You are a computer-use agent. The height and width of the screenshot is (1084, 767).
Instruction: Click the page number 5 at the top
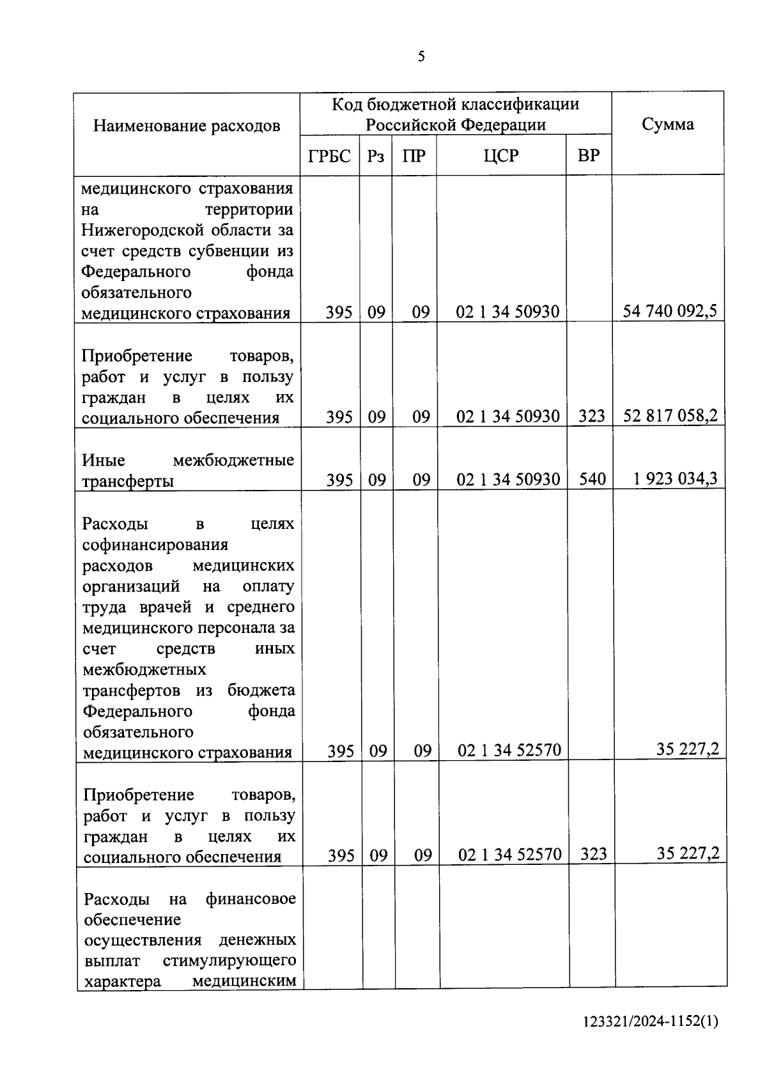pos(421,57)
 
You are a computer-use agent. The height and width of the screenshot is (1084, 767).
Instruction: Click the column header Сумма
pos(667,125)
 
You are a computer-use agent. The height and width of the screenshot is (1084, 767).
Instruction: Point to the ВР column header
pos(588,156)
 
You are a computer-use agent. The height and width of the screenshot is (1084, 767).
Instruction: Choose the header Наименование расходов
pos(187,126)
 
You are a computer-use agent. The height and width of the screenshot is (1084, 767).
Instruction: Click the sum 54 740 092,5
pos(669,311)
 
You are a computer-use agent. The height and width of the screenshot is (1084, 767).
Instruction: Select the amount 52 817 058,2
pos(669,416)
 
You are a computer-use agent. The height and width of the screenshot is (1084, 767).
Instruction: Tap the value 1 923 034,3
pos(675,478)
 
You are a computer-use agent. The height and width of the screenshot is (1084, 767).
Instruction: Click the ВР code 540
pos(592,479)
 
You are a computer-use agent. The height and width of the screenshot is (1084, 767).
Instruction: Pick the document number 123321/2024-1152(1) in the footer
pos(651,1039)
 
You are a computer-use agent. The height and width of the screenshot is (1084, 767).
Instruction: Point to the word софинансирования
pos(155,545)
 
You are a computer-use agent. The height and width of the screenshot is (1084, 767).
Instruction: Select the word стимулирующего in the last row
pos(229,961)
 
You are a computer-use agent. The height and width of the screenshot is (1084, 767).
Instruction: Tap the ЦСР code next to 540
pos(507,479)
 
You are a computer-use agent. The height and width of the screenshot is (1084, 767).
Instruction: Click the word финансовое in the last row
pos(250,899)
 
